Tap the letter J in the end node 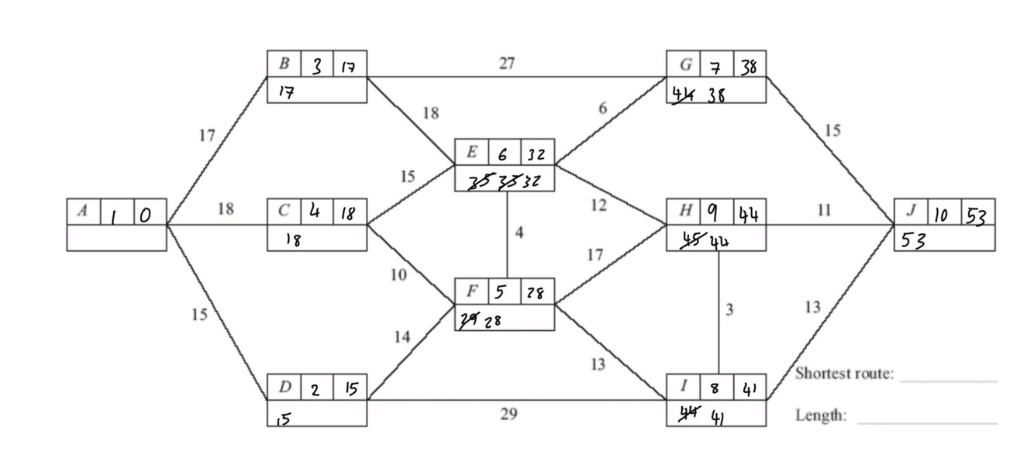coord(911,212)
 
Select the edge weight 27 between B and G coord(506,64)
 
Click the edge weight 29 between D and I coord(508,415)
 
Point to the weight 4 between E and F coord(519,233)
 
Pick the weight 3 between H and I coord(729,310)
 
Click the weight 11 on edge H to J coord(824,211)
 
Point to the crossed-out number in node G coord(684,96)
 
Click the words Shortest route coord(844,374)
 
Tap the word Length coord(820,415)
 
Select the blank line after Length coord(927,423)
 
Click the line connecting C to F coord(411,265)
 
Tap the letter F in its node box coord(471,292)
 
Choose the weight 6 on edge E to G coord(602,109)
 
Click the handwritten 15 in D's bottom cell coord(284,419)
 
